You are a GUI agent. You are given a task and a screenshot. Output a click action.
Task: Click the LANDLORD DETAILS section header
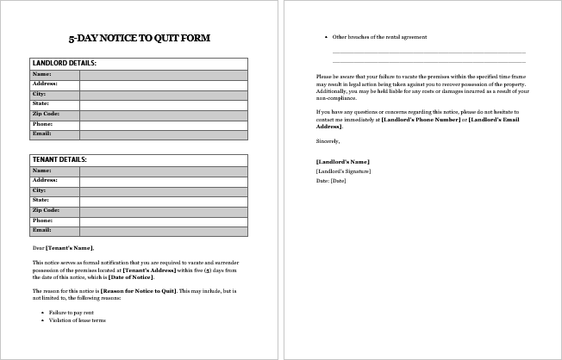[64, 63]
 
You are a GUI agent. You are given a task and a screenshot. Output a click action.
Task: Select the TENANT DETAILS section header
[59, 159]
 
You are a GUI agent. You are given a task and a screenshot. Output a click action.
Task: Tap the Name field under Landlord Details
[163, 74]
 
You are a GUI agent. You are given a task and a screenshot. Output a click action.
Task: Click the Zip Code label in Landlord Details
[46, 114]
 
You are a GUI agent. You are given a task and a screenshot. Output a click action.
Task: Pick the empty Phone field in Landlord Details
[163, 124]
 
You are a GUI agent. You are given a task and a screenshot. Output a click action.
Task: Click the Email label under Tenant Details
[42, 230]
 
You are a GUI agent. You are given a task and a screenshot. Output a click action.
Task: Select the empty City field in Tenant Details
[163, 190]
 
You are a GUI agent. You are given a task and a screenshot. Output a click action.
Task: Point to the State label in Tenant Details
[41, 200]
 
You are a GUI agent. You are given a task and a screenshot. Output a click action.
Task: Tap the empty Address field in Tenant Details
[163, 180]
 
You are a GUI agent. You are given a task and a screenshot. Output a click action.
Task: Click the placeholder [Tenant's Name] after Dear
[70, 248]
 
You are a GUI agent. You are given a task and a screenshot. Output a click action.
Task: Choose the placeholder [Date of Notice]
[132, 276]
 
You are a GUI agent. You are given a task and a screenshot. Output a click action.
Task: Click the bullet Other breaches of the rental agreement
[379, 37]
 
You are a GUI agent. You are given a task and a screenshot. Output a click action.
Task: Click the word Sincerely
[328, 140]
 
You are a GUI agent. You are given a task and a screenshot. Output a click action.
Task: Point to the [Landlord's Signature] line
[343, 171]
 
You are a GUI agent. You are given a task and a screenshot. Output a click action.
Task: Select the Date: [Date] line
[331, 181]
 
